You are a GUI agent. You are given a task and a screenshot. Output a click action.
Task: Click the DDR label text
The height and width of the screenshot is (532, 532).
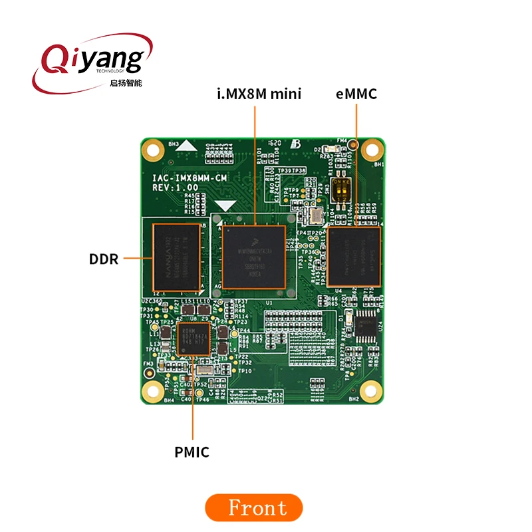click(x=103, y=259)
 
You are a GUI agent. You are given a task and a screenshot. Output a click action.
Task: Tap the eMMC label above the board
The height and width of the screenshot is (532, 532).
click(x=356, y=94)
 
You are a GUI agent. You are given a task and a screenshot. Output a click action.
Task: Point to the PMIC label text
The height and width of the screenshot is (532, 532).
click(x=192, y=452)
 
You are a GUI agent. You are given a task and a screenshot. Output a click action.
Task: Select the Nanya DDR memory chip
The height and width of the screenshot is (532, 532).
click(x=176, y=258)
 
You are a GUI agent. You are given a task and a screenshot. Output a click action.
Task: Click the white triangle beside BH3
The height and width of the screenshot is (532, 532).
click(x=190, y=144)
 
